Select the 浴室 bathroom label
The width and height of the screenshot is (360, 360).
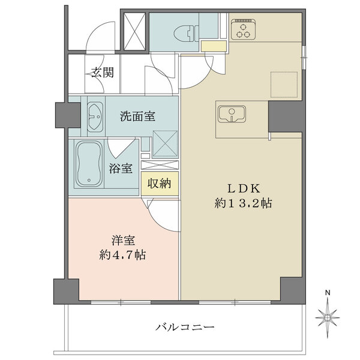(121, 169)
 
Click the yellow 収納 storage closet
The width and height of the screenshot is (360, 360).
(159, 184)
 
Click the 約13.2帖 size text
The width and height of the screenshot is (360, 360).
(244, 203)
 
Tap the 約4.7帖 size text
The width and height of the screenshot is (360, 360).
(122, 254)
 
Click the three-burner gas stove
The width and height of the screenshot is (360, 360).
(243, 29)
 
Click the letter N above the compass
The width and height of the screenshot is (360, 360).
(328, 292)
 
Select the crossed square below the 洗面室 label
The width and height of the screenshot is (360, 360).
(163, 142)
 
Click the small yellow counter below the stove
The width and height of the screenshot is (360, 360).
(213, 46)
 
